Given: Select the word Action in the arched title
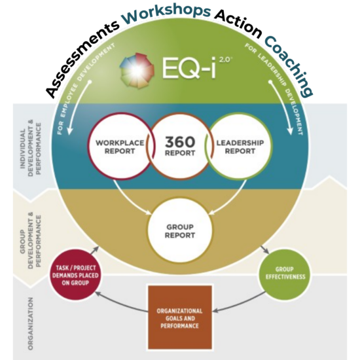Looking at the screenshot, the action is coord(239,24).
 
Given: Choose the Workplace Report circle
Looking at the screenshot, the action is coord(120,146).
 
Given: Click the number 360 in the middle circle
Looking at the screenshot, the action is coord(180,141).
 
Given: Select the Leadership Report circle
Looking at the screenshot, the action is coord(240,147).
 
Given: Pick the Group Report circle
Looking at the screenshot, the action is coord(180,231).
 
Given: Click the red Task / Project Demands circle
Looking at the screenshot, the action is coord(75,275).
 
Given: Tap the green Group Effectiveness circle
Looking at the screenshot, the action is coord(285,273).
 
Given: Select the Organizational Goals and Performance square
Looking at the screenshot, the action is coord(180,318).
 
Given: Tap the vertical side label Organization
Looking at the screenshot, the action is coord(31,324).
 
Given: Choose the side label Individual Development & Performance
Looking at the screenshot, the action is coord(31,148).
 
